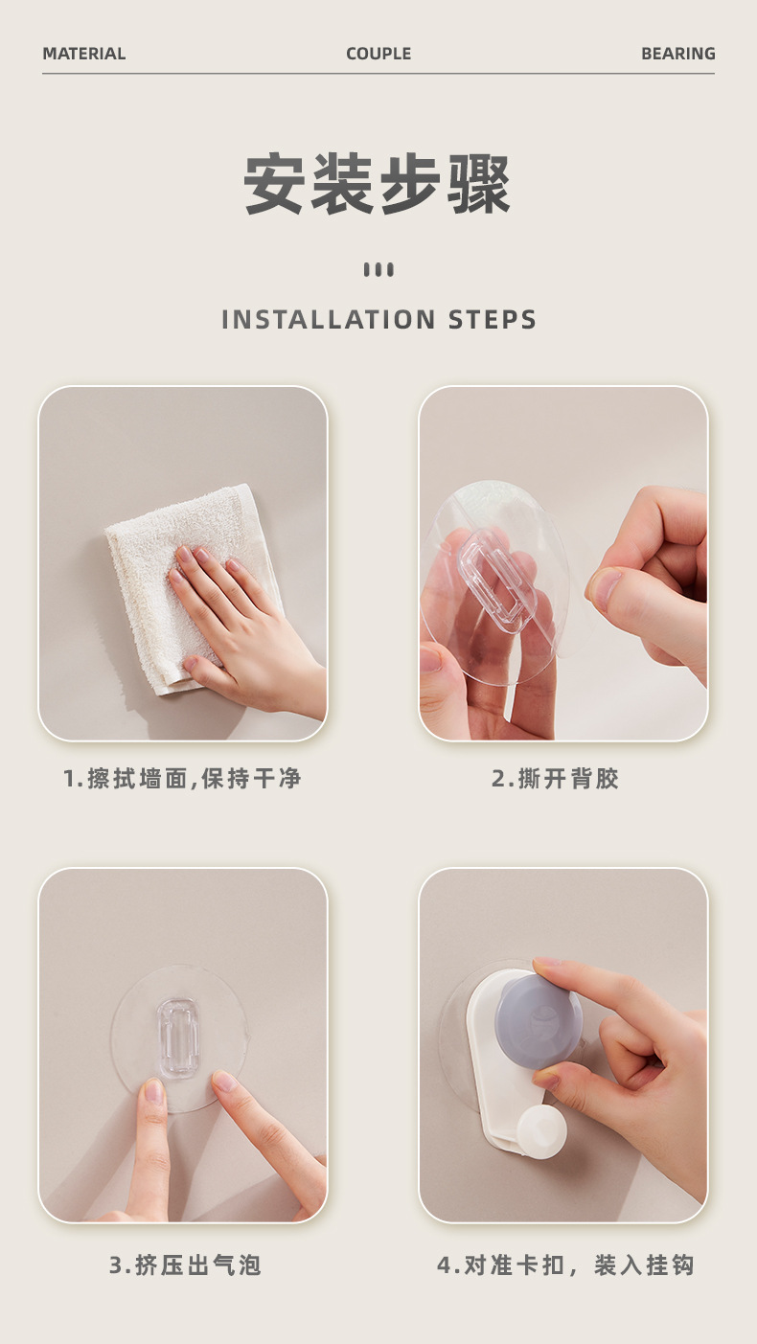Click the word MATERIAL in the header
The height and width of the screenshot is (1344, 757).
tap(84, 54)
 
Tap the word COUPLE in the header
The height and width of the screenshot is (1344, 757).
tap(378, 54)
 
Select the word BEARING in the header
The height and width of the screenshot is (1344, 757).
tap(677, 54)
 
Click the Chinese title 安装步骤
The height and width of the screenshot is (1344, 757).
tap(378, 184)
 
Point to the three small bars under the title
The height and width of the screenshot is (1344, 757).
tap(378, 270)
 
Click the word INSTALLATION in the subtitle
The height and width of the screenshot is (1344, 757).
tap(329, 319)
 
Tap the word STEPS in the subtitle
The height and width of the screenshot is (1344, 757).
tap(493, 319)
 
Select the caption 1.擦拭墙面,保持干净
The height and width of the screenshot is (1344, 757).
tap(182, 779)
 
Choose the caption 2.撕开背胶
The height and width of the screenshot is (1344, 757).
tap(556, 779)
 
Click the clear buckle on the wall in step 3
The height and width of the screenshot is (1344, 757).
tap(178, 1037)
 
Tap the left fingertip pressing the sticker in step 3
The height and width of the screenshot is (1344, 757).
tap(153, 1092)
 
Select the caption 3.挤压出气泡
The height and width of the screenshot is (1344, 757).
tap(185, 1265)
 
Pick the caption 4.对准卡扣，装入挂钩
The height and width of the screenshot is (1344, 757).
tap(565, 1265)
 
